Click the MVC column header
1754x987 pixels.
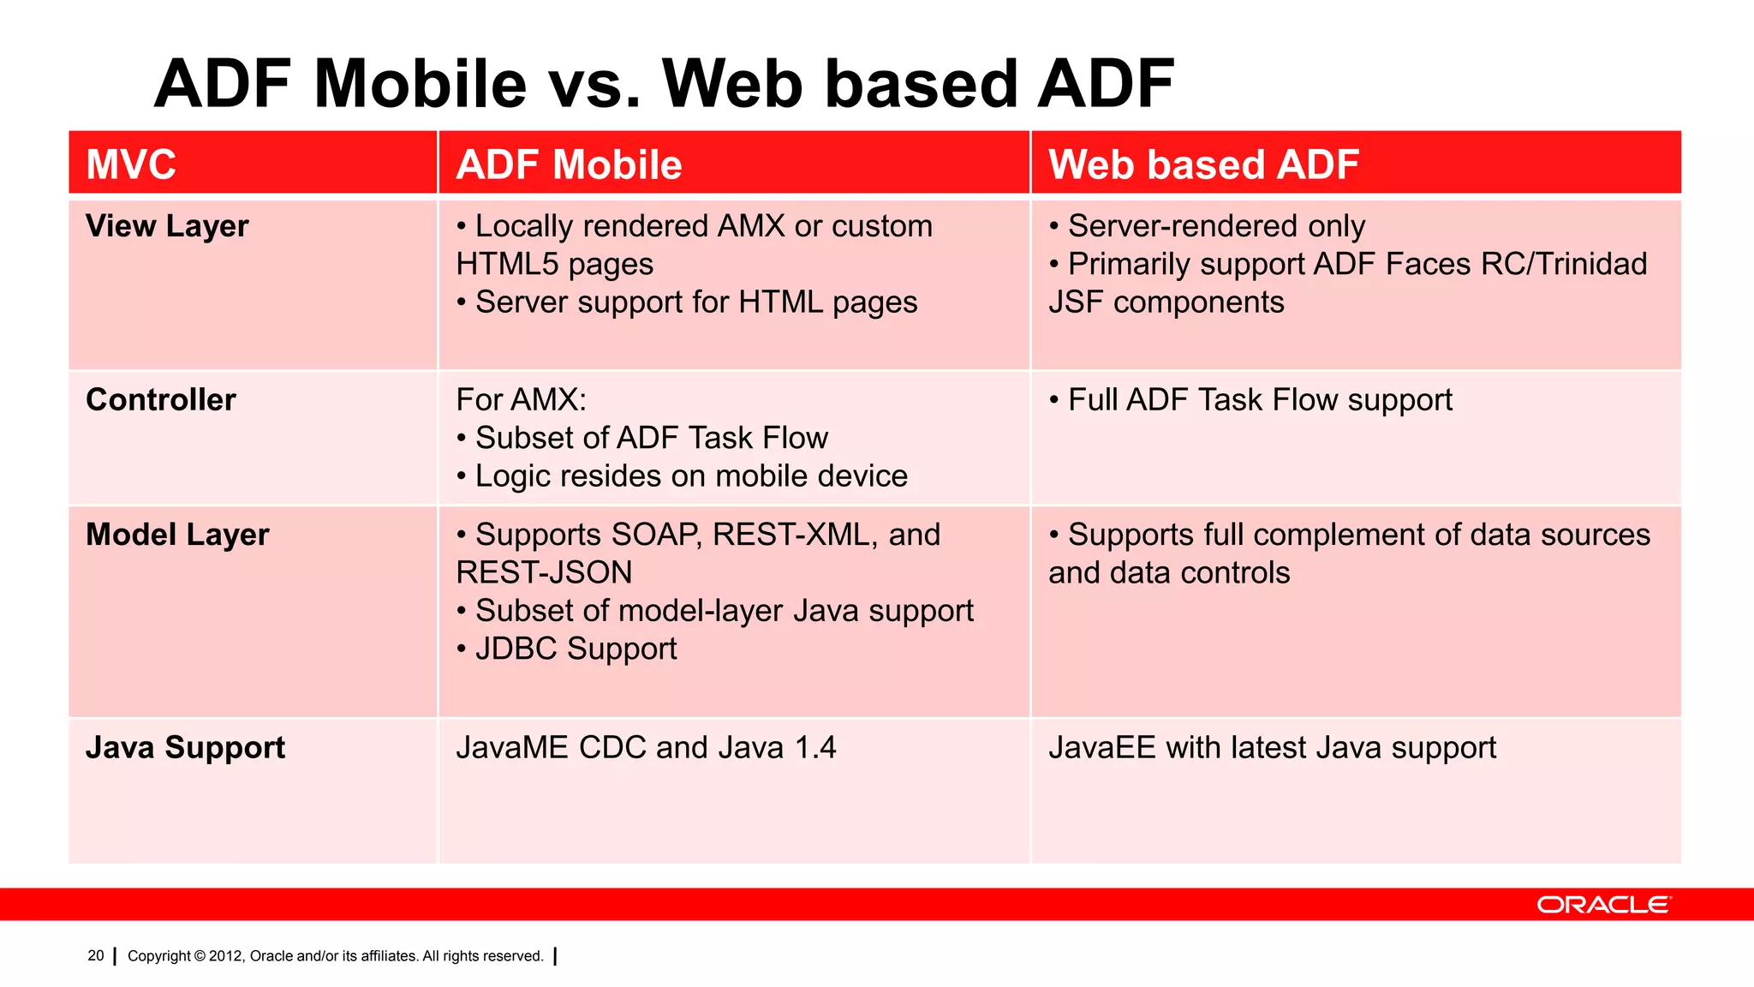[x=131, y=164]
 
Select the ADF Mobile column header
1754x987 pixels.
[x=569, y=164]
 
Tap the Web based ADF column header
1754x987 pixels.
[x=1203, y=164]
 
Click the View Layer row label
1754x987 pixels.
[x=167, y=226]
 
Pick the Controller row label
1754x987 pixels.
[x=161, y=400]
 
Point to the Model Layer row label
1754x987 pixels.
[x=177, y=535]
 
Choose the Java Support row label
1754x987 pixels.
[x=185, y=748]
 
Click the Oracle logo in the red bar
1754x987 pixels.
[x=1602, y=905]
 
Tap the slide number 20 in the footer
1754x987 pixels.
[x=95, y=955]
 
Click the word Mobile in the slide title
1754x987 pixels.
[x=420, y=84]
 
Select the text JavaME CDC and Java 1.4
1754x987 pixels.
[x=646, y=748]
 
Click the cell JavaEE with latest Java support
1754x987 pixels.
[x=1272, y=748]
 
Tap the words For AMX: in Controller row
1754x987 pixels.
[x=521, y=400]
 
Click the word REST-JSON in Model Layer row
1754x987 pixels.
[x=544, y=572]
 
